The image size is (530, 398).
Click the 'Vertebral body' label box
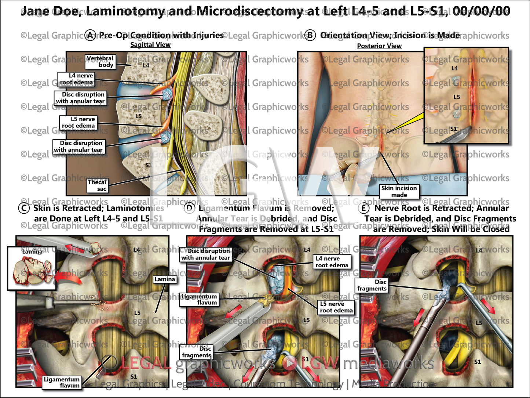click(100, 62)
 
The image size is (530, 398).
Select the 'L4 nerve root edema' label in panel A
click(76, 79)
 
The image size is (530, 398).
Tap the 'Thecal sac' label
click(97, 185)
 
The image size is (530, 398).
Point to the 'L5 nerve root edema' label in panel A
click(78, 122)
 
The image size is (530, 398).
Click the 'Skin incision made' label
click(399, 191)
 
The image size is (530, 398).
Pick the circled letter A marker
click(91, 35)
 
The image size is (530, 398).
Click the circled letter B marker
click(310, 35)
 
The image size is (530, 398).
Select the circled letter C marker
click(24, 208)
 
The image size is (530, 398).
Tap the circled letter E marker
click(363, 208)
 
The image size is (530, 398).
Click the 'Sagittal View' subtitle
click(150, 45)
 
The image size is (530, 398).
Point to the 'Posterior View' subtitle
click(379, 46)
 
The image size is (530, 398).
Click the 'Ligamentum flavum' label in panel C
click(62, 382)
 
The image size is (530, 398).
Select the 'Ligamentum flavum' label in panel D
click(199, 299)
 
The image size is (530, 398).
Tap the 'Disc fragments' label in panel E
click(372, 285)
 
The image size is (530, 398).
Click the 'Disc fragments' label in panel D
click(197, 352)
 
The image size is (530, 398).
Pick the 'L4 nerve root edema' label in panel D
click(332, 262)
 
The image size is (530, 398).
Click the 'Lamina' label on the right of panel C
click(165, 279)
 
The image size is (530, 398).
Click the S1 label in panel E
click(477, 362)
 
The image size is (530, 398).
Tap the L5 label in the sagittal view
click(138, 116)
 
